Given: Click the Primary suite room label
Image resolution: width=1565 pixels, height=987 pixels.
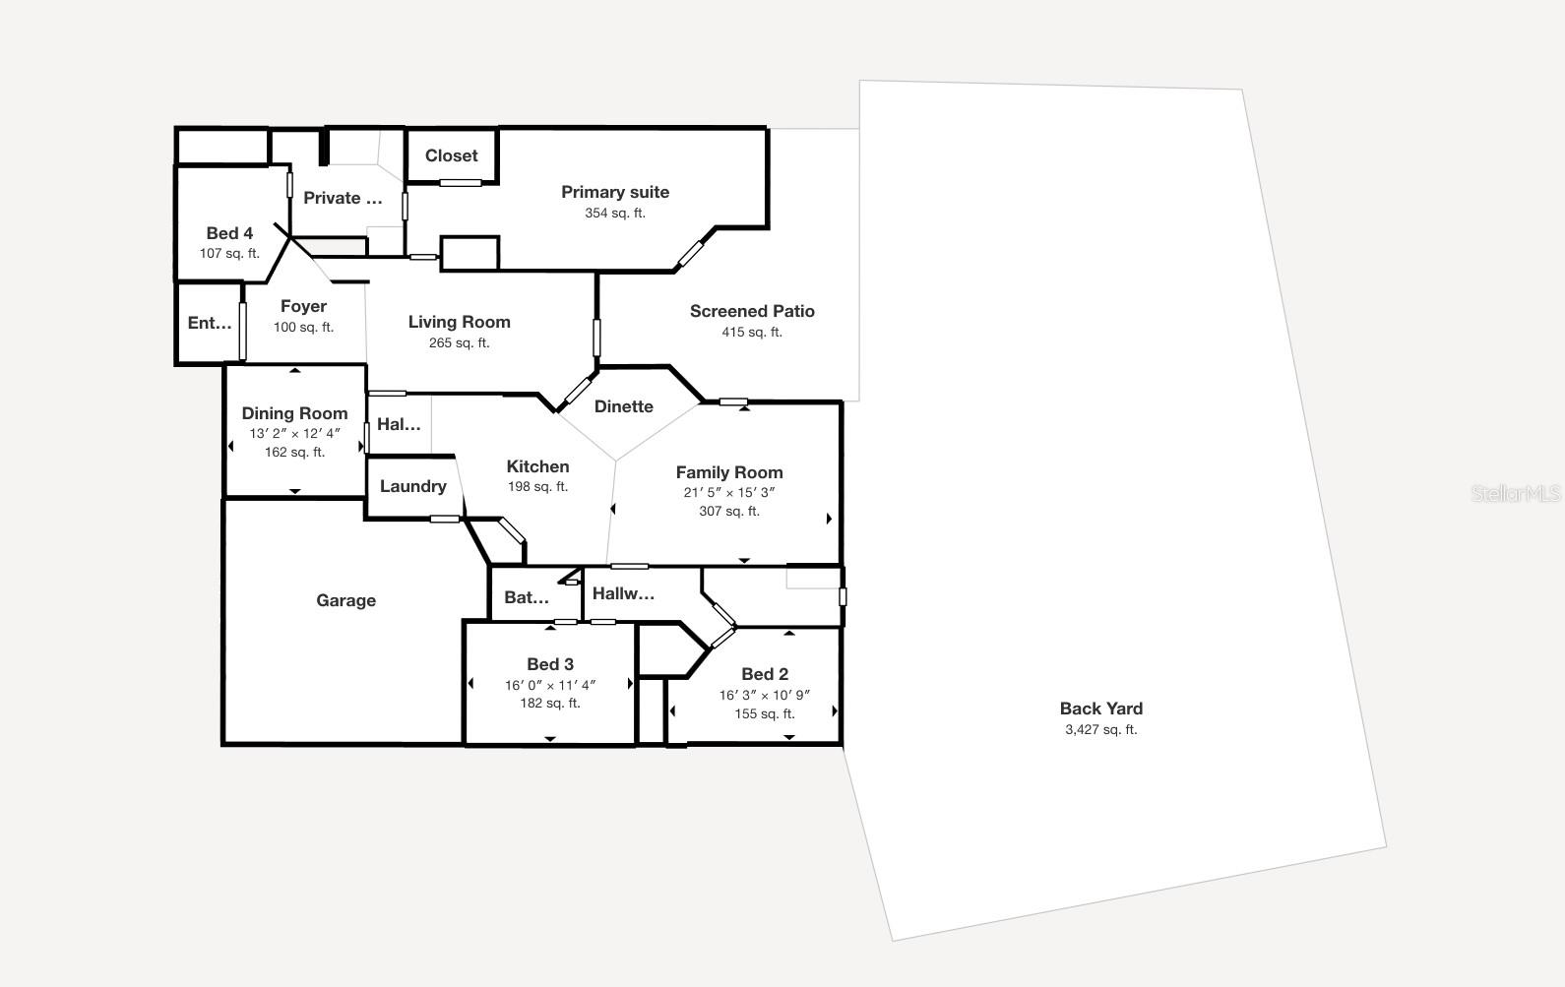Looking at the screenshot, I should pyautogui.click(x=615, y=192).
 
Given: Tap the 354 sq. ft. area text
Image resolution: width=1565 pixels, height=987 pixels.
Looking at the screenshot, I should pyautogui.click(x=615, y=214).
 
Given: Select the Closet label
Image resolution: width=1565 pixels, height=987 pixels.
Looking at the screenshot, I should pyautogui.click(x=451, y=155).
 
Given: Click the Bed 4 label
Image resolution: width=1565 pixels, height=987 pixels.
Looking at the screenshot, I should pyautogui.click(x=229, y=233).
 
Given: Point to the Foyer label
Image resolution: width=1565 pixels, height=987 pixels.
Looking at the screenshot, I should pyautogui.click(x=303, y=306).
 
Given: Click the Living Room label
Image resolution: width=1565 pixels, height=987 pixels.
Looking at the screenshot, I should pyautogui.click(x=459, y=322).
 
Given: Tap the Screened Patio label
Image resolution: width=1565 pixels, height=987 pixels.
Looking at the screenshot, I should pyautogui.click(x=752, y=311).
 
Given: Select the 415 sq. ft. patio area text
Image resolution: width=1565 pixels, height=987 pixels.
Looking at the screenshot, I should pyautogui.click(x=752, y=333).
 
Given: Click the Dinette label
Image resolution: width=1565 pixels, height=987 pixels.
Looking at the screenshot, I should pyautogui.click(x=624, y=406).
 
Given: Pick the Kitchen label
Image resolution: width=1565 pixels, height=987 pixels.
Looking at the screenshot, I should pyautogui.click(x=537, y=466).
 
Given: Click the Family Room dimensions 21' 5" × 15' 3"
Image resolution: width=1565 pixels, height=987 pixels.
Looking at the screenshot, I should pyautogui.click(x=729, y=492).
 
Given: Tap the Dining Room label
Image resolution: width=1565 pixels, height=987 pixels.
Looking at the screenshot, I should pyautogui.click(x=294, y=413).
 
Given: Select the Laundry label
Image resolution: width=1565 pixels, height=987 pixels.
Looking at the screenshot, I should pyautogui.click(x=412, y=486).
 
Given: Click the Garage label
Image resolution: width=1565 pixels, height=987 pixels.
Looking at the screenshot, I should pyautogui.click(x=345, y=600).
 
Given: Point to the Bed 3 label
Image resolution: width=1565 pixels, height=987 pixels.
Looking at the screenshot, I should pyautogui.click(x=550, y=664).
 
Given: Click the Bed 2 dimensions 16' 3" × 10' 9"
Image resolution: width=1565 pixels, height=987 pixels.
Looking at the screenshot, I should pyautogui.click(x=764, y=695).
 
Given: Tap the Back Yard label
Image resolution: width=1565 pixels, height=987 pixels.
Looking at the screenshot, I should pyautogui.click(x=1100, y=709).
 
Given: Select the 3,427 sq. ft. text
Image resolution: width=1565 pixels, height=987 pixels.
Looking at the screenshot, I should pyautogui.click(x=1100, y=730).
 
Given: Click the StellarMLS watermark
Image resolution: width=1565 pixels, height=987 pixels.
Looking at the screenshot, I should pyautogui.click(x=1516, y=493).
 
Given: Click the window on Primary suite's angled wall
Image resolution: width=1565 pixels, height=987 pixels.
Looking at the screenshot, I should pyautogui.click(x=691, y=254).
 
